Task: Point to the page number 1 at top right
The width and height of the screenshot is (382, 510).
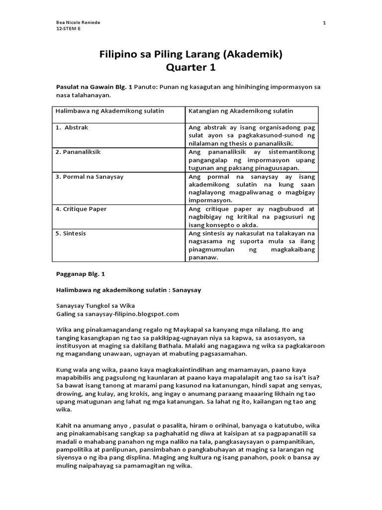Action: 324,23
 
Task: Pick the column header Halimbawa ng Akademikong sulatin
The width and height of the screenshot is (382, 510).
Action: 110,110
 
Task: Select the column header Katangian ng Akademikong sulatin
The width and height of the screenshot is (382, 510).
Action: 241,110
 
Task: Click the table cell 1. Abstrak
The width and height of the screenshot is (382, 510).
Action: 72,127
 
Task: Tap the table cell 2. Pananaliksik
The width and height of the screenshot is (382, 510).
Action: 78,152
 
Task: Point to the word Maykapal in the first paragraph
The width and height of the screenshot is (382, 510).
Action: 174,330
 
